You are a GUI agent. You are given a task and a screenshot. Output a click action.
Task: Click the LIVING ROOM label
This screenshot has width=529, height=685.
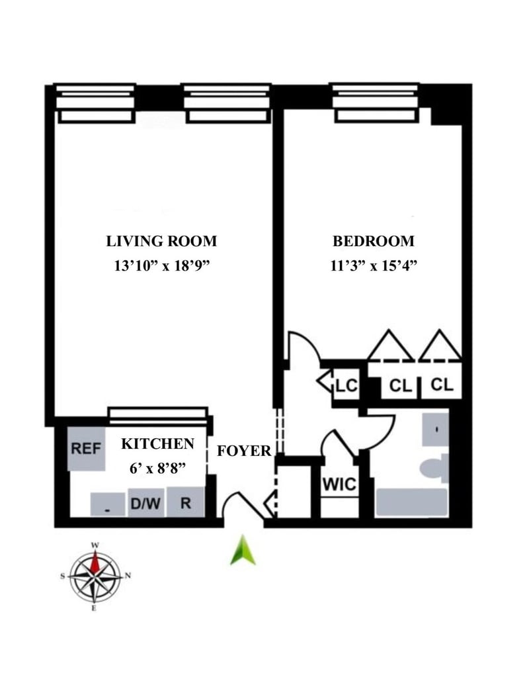[x=161, y=241]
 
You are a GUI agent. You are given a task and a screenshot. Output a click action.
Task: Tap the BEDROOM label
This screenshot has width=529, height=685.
[x=374, y=241]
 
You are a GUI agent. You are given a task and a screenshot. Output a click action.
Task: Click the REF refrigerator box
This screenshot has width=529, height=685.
[x=87, y=448]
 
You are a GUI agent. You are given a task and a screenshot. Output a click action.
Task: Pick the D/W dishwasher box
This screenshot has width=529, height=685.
[x=146, y=503]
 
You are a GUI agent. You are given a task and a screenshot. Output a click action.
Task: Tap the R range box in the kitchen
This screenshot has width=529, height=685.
[x=186, y=502]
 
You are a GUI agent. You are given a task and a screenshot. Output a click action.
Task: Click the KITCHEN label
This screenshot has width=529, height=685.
[x=157, y=444]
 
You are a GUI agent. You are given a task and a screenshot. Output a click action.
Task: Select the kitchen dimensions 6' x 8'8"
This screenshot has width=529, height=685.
[x=157, y=469]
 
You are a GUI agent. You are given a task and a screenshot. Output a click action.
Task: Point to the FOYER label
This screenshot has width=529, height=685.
[x=245, y=451]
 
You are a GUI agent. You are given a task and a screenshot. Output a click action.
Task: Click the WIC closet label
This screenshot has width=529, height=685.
[x=339, y=484]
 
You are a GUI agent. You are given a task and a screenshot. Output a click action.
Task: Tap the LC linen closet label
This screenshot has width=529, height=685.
[x=346, y=385]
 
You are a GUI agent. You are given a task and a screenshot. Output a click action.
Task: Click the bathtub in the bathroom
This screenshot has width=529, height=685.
[x=412, y=502]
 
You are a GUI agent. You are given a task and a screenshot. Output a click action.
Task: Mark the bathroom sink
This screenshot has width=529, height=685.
[x=436, y=430]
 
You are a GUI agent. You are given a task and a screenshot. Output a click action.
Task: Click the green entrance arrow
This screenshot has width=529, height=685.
[x=243, y=551]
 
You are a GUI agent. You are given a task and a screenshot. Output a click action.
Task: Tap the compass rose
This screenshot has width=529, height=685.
[x=96, y=576]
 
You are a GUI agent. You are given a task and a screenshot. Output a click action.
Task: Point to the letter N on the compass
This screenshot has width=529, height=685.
[x=128, y=576]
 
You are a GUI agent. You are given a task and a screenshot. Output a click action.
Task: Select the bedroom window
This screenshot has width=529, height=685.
[x=376, y=103]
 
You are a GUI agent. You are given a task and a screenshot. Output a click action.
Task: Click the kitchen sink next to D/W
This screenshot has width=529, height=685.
[x=108, y=504]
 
